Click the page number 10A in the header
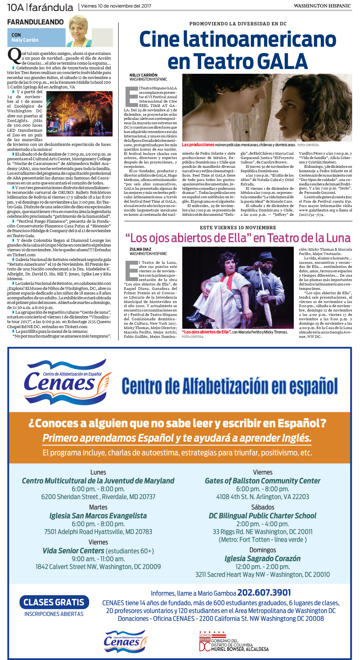(15, 7)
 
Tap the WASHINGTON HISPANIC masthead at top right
(322, 6)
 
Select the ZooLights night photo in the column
(79, 114)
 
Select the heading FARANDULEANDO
(35, 22)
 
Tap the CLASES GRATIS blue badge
(54, 602)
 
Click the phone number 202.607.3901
(264, 593)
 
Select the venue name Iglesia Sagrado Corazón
(262, 559)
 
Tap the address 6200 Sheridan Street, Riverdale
(98, 497)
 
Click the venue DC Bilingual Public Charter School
(262, 516)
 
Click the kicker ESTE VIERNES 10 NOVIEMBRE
(238, 228)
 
